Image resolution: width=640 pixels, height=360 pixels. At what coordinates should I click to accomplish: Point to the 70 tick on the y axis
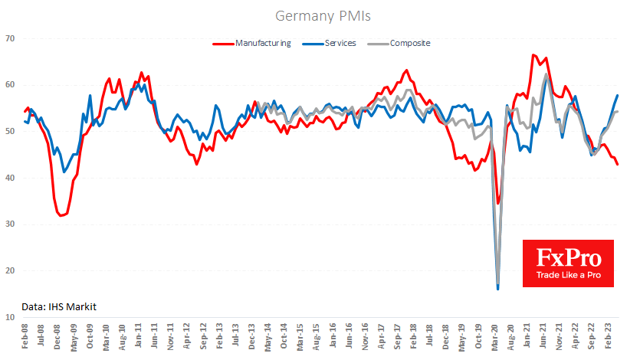point(10,38)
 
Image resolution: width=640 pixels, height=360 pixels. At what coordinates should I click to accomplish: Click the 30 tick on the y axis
point(10,224)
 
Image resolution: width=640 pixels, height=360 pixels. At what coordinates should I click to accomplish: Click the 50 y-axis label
point(10,132)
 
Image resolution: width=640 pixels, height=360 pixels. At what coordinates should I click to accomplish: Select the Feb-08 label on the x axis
point(26,338)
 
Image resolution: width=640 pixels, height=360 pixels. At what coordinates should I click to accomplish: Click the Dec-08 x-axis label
point(58,338)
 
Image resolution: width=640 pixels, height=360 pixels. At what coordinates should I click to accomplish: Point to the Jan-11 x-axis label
point(139,338)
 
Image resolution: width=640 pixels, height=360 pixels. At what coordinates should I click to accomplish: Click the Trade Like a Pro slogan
point(567,275)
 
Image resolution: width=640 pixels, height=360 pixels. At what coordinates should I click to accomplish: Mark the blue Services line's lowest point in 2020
point(498,289)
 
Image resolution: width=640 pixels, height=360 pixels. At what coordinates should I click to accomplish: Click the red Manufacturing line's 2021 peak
point(533,55)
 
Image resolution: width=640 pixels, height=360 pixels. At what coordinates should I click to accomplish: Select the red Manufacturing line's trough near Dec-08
point(61,216)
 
